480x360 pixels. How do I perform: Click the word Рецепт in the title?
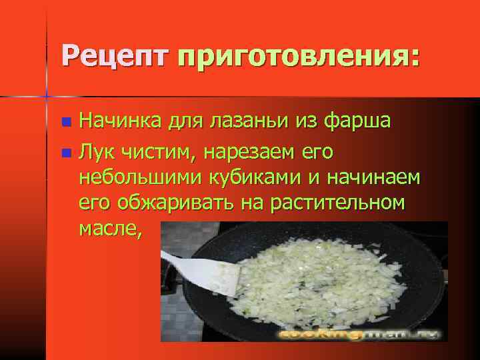pos(117,55)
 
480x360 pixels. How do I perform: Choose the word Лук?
pos(95,152)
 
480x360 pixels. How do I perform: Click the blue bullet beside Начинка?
pos(65,123)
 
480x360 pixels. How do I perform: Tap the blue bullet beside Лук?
pos(65,153)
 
